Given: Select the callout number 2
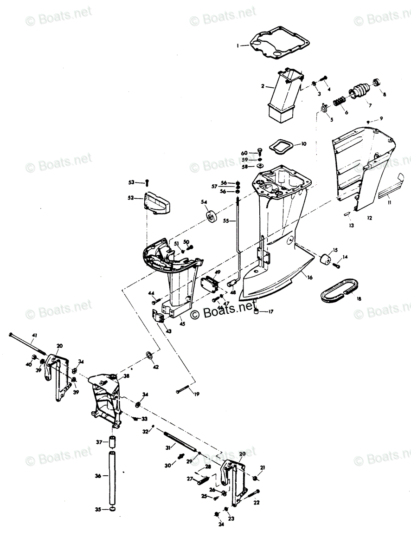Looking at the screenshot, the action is (x=263, y=86).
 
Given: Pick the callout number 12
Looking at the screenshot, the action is (x=369, y=217).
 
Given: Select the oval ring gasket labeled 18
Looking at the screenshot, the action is (x=340, y=288).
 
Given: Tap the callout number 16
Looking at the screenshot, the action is (x=309, y=277).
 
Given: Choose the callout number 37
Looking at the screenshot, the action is (x=99, y=442).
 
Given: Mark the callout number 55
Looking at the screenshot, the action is (x=226, y=221).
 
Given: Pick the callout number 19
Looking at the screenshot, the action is (x=197, y=394).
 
